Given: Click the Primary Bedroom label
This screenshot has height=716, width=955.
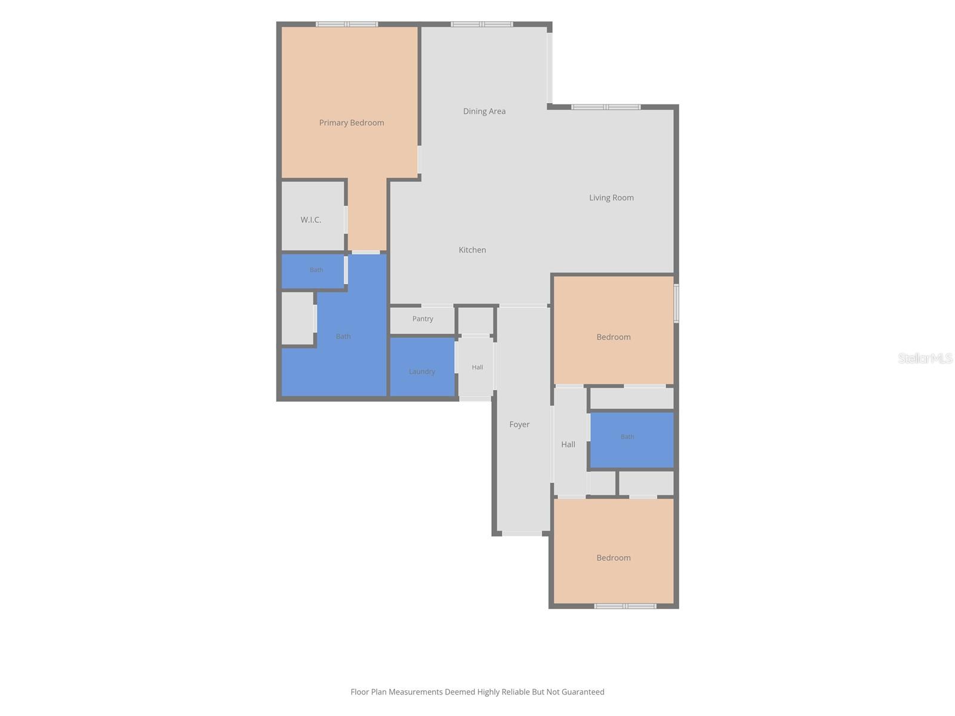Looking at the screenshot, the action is tap(351, 122).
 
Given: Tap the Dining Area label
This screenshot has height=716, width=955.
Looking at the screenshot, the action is tap(484, 111).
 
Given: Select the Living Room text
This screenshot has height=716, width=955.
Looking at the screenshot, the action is tap(611, 197).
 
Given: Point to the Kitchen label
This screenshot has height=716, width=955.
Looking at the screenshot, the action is tap(472, 249).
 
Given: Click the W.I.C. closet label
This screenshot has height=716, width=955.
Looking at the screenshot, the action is tap(310, 220).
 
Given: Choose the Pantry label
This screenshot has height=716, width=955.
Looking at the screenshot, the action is tap(423, 319).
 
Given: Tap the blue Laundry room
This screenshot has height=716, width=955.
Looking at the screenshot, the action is tap(422, 367).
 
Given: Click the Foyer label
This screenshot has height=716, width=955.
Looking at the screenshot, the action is tap(519, 424).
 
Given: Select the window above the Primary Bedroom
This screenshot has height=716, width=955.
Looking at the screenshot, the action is tap(347, 24).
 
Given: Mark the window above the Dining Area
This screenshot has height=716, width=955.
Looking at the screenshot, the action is tap(482, 24).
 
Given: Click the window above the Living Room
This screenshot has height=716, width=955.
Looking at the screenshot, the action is tap(606, 107).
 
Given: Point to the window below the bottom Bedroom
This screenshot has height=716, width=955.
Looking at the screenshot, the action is tap(625, 606).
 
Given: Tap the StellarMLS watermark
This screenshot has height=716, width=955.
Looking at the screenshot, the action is tap(925, 358).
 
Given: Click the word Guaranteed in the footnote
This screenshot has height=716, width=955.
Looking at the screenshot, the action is tap(583, 692).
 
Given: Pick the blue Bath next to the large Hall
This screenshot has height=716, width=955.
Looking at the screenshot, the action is tap(631, 440).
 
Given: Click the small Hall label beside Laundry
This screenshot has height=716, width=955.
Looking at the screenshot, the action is tap(478, 367).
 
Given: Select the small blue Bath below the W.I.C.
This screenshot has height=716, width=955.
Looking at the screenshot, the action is tap(313, 271).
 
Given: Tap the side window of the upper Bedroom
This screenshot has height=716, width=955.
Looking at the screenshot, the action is tap(676, 303).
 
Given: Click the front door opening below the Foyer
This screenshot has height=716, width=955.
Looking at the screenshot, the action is tap(522, 533).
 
